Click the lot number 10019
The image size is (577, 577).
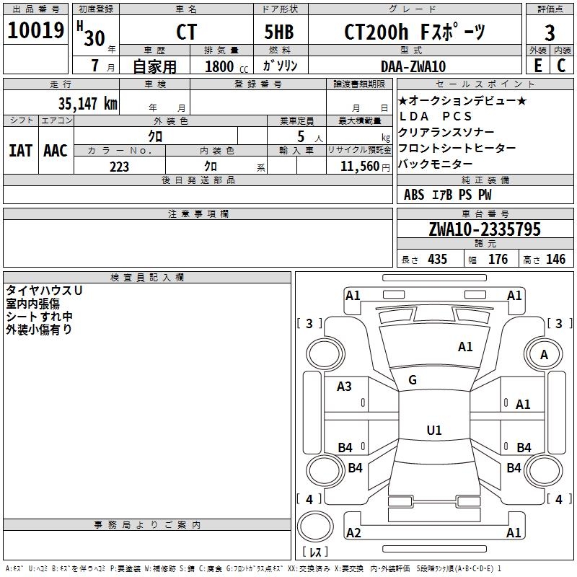pos(35,30)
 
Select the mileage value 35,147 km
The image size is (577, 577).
pos(88,104)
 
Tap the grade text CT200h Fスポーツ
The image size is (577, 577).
pos(415,32)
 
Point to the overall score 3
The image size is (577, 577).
pos(550,33)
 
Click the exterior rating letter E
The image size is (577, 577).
pos(538,66)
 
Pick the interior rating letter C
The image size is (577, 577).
pos(561,66)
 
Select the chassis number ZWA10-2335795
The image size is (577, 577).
pos(485,229)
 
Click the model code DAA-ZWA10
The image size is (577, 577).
pos(413,66)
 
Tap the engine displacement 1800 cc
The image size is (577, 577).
pos(226,66)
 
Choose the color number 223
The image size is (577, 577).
pos(119,167)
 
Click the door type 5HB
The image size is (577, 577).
pos(279,32)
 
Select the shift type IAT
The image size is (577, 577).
pos(20,151)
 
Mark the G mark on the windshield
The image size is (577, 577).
pos(413,380)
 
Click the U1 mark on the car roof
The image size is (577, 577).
pos(434,430)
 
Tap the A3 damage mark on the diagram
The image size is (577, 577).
pos(344,387)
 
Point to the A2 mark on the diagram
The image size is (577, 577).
pos(353,533)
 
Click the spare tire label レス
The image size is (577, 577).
pos(315,552)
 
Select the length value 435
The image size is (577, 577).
pos(438,259)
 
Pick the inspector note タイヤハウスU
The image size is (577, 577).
pos(44,291)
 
